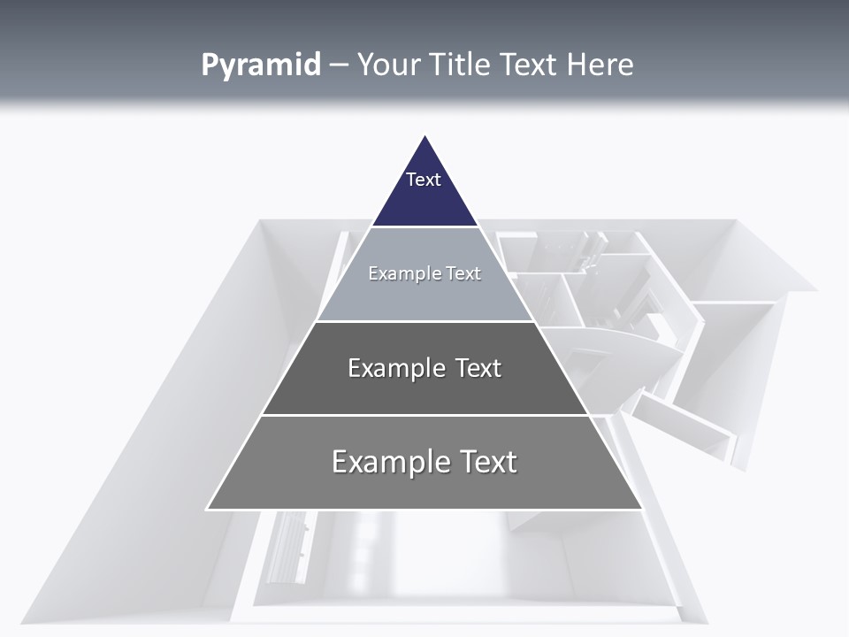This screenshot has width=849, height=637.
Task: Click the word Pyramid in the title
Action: pyautogui.click(x=261, y=65)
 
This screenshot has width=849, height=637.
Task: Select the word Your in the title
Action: pyautogui.click(x=388, y=65)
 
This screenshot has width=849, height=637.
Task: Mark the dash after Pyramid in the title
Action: pyautogui.click(x=339, y=65)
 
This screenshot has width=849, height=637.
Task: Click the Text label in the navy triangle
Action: pyautogui.click(x=424, y=180)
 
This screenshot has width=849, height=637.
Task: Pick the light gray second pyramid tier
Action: pyautogui.click(x=424, y=296)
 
